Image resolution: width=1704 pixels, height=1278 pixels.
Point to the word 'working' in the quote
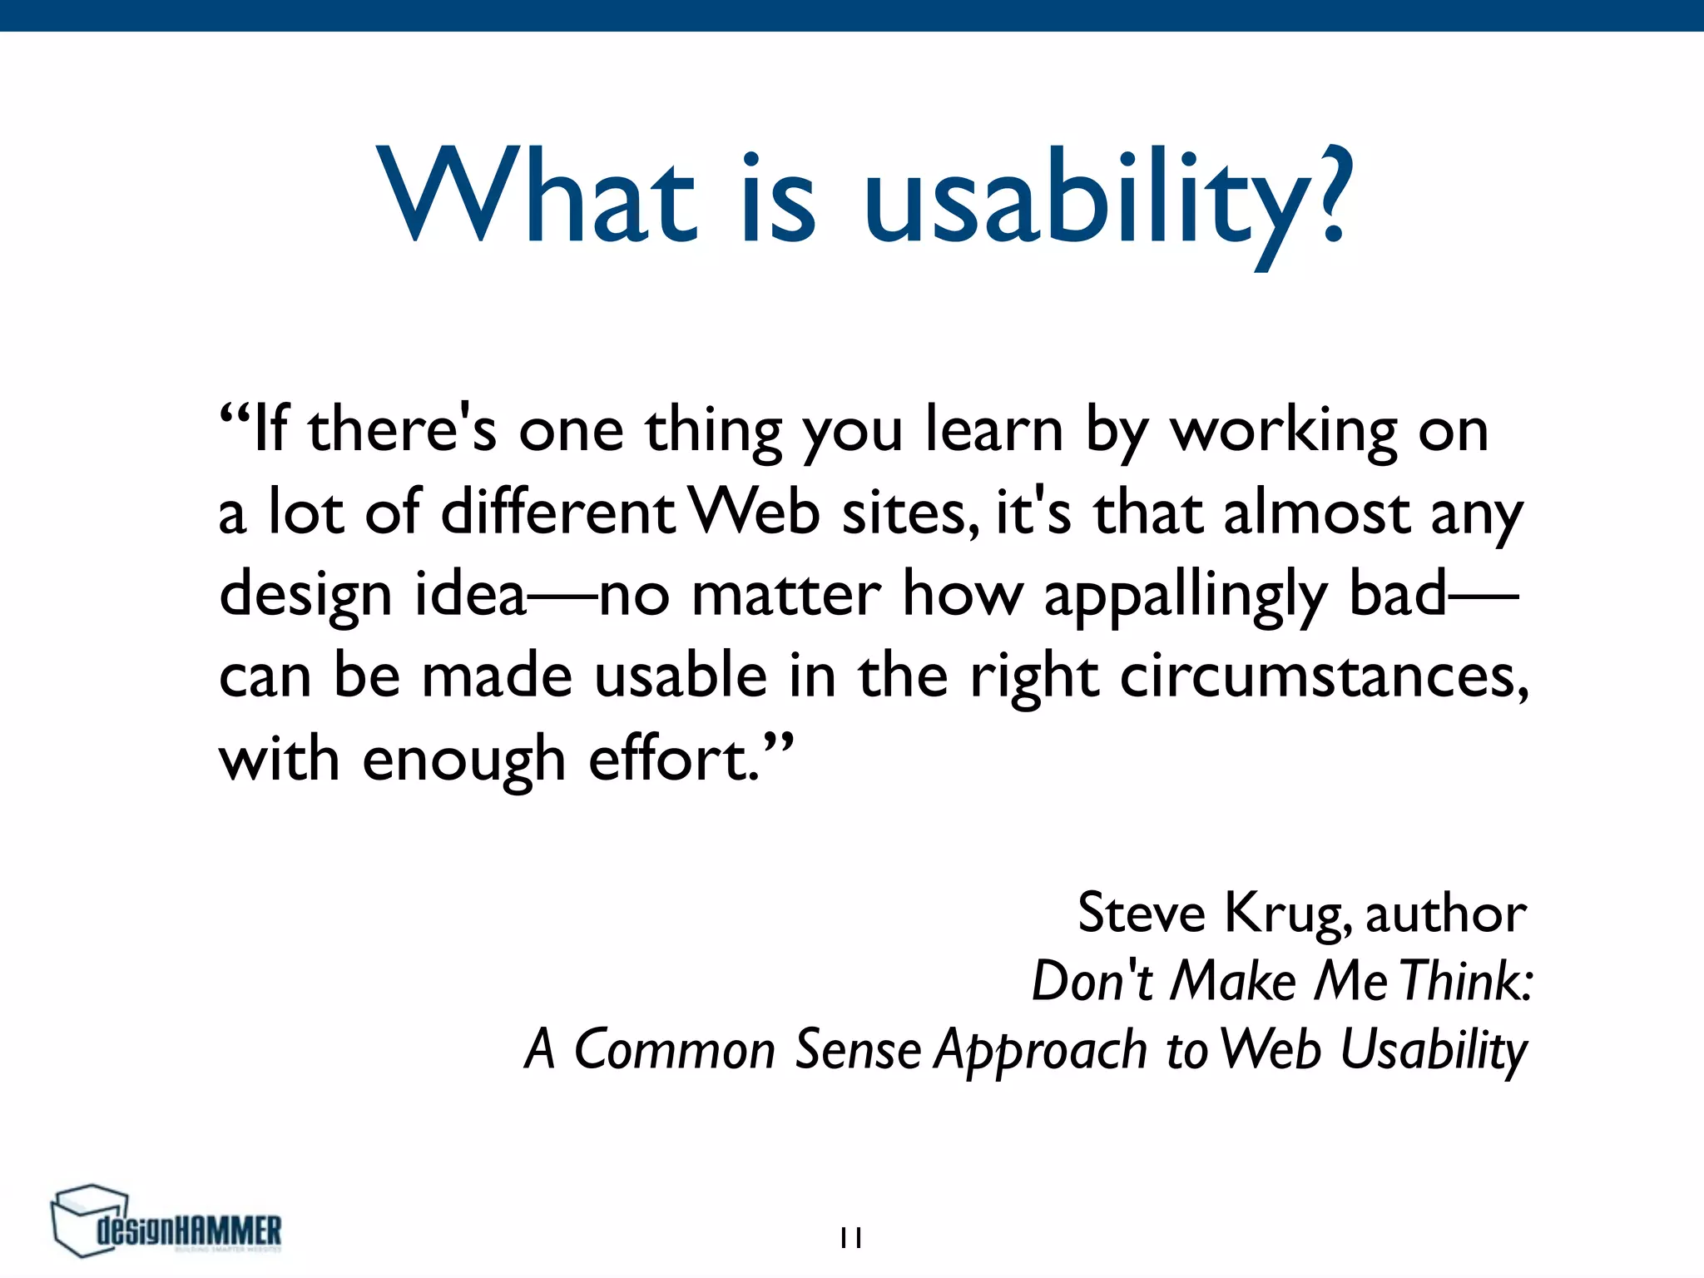1283,430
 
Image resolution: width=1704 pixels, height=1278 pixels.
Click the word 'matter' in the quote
785,594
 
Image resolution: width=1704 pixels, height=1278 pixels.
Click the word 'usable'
681,676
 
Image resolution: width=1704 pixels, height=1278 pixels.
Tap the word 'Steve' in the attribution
1141,914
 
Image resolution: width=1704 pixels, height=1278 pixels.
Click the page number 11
850,1238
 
